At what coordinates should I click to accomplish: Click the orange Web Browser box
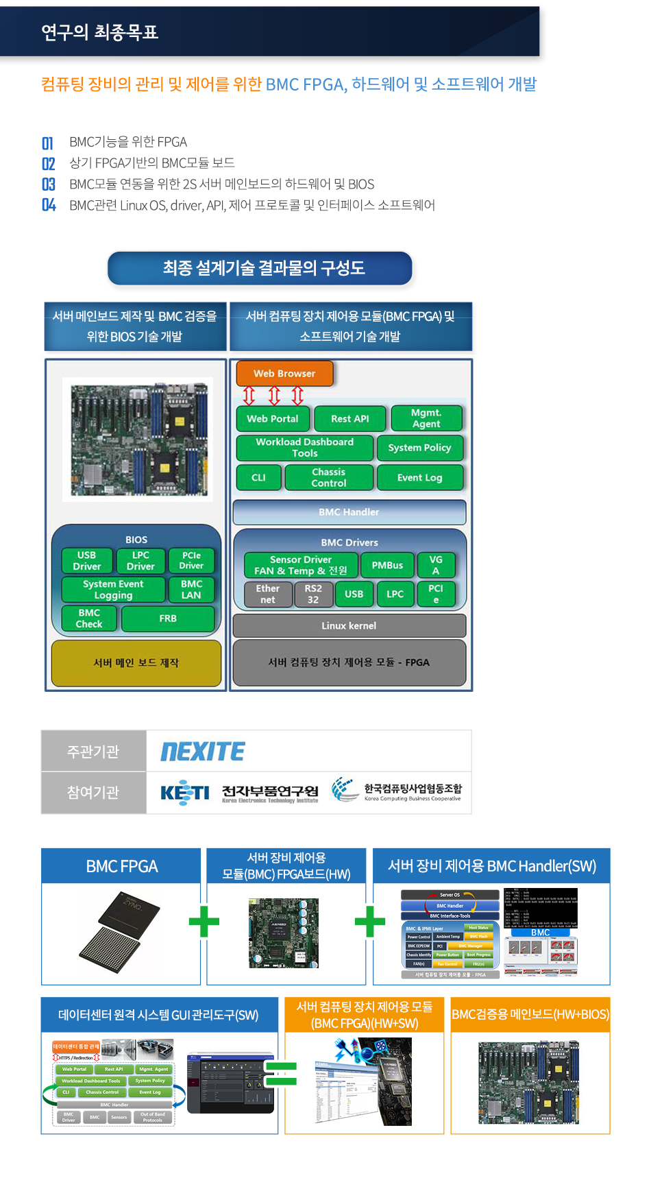click(x=284, y=374)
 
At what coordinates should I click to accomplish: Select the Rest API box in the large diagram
click(x=350, y=418)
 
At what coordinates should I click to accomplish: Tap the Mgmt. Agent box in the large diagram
click(x=426, y=418)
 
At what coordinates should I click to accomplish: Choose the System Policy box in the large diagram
click(x=419, y=448)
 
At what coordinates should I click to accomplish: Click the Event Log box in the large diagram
click(x=419, y=477)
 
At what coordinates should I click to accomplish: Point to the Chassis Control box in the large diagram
click(x=329, y=477)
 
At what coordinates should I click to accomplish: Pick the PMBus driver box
click(x=387, y=565)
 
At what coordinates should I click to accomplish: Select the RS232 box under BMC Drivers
click(x=313, y=594)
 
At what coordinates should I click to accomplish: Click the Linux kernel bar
click(x=349, y=625)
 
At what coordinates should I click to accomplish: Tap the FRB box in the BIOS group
click(x=168, y=618)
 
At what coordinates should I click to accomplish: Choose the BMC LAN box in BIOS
click(x=191, y=589)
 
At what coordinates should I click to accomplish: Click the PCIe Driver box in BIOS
click(x=191, y=560)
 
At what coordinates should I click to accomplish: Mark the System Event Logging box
click(x=113, y=589)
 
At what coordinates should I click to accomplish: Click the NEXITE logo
click(x=203, y=752)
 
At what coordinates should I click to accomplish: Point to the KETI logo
click(x=184, y=792)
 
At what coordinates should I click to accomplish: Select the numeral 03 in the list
click(x=48, y=184)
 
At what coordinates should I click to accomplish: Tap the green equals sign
click(x=281, y=1073)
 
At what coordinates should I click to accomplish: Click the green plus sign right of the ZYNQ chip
click(x=204, y=921)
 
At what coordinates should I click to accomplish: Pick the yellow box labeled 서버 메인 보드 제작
click(x=136, y=662)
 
